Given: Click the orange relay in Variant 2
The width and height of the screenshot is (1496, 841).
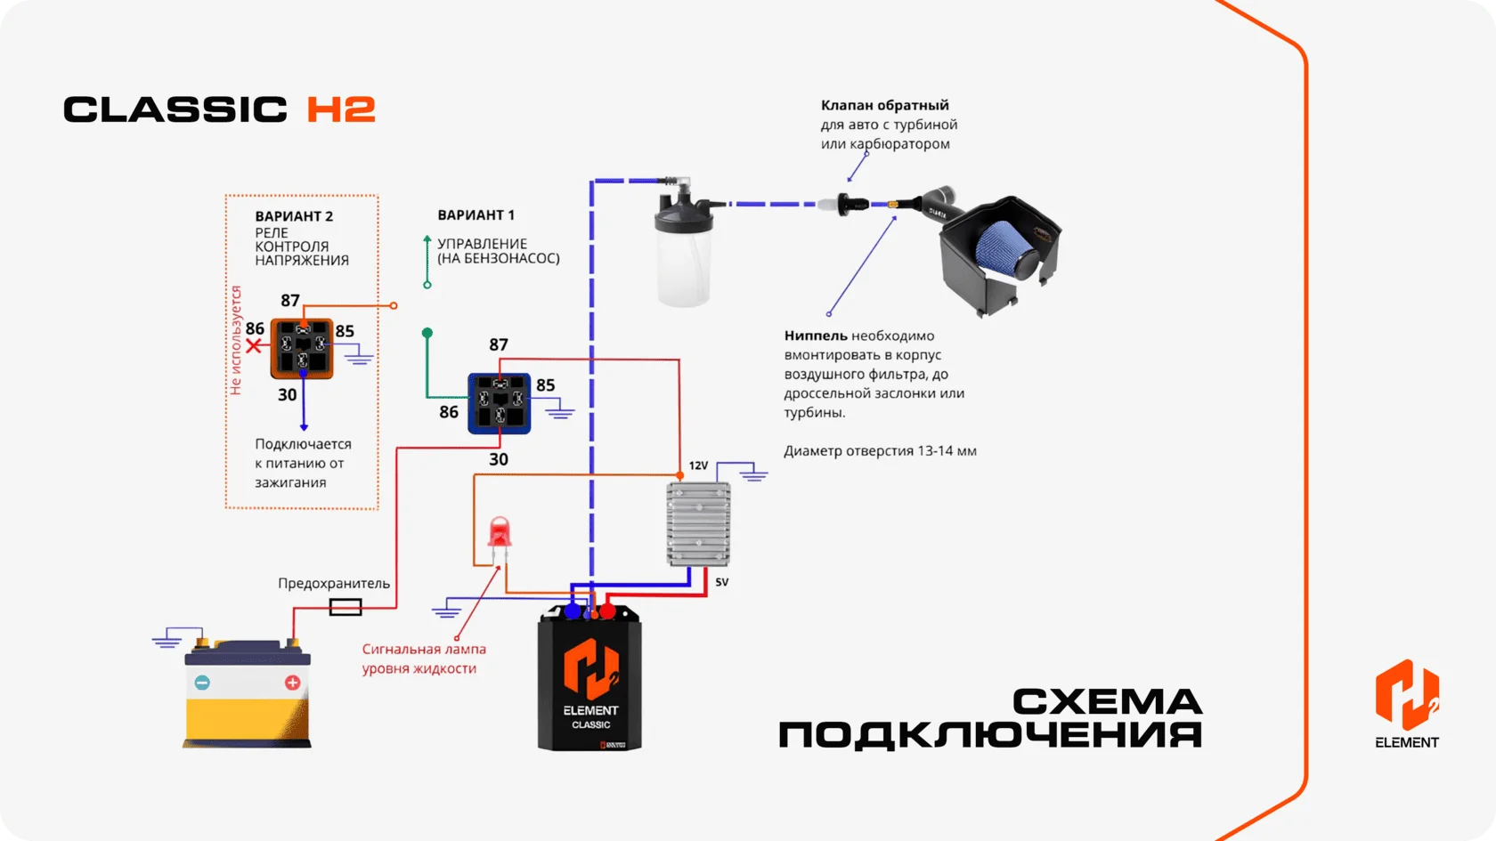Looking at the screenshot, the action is point(302,349).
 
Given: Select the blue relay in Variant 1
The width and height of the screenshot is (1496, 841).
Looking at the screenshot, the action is point(500,403).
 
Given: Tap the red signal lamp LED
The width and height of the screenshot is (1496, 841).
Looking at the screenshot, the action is point(500,532).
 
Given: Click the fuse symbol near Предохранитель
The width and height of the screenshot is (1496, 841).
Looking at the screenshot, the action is point(346,607).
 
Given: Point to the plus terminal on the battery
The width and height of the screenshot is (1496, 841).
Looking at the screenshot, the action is point(292,682).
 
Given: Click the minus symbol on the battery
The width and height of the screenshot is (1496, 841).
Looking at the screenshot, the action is point(201,682).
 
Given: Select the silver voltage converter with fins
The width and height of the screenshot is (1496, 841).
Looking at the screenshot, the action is point(698,524).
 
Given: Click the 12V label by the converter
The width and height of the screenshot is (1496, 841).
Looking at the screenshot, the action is point(698,465).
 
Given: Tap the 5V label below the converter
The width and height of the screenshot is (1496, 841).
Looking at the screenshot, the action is point(721,582).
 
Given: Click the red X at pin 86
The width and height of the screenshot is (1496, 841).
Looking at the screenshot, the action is point(253,345).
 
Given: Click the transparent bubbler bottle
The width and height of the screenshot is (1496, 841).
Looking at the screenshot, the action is point(683,248).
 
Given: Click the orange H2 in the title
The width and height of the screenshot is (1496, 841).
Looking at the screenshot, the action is point(341,109).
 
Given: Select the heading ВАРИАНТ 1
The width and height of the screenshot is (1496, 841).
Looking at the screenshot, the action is point(476,215).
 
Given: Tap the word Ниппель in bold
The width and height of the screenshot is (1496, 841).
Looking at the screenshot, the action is point(816,336).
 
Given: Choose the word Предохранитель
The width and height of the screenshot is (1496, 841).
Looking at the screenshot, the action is point(334,584).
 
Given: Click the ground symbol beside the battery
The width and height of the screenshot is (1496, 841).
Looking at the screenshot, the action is point(167,639).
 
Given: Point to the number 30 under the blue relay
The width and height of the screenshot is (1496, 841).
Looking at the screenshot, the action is point(499,459).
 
